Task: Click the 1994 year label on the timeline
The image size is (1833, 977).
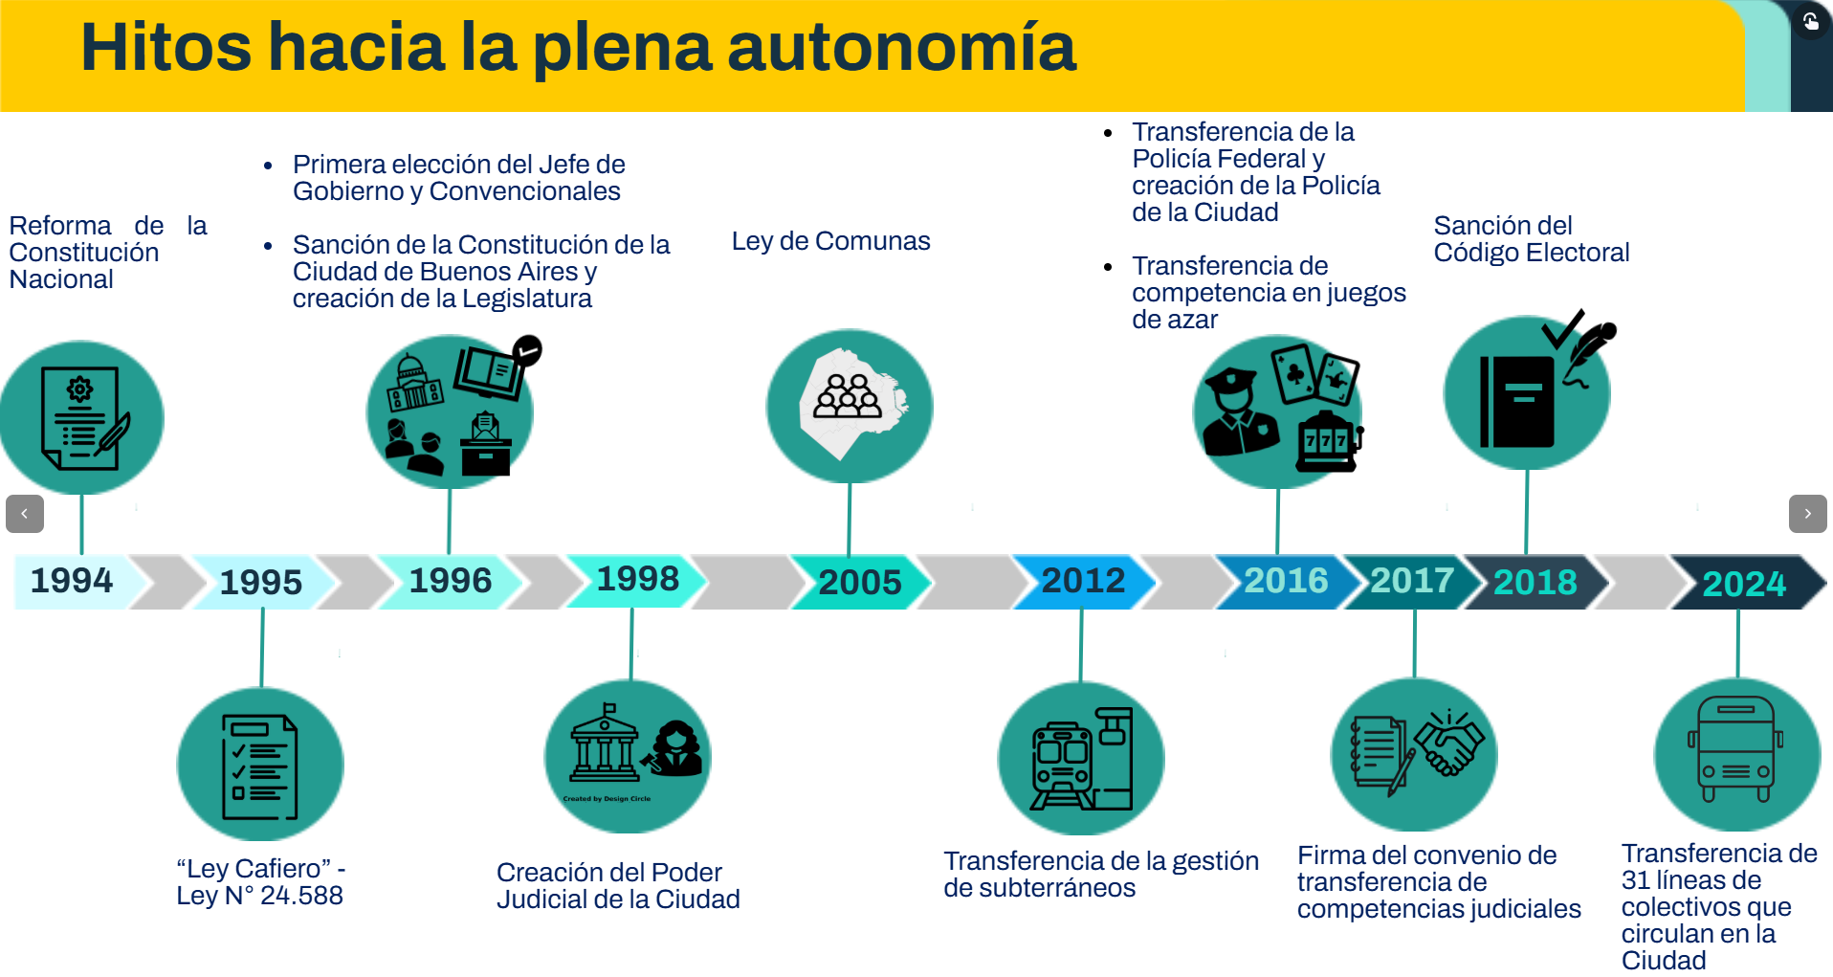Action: (72, 580)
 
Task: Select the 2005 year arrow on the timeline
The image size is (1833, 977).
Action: (860, 582)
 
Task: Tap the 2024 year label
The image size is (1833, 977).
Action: (1744, 584)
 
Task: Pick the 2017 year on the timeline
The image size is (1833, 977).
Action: (1412, 580)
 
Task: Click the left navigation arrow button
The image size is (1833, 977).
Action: (25, 514)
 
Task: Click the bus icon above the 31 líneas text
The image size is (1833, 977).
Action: (1736, 750)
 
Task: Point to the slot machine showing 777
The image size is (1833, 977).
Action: (1329, 441)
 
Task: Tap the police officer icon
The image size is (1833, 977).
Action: (1241, 411)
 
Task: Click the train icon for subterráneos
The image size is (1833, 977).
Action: (1062, 766)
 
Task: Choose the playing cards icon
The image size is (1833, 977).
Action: (1314, 374)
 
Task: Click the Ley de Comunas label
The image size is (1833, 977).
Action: (830, 241)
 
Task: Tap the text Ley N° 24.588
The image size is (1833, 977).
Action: (259, 896)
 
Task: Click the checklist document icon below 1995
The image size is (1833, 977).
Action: (259, 766)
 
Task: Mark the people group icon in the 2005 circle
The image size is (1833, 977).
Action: (848, 395)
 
